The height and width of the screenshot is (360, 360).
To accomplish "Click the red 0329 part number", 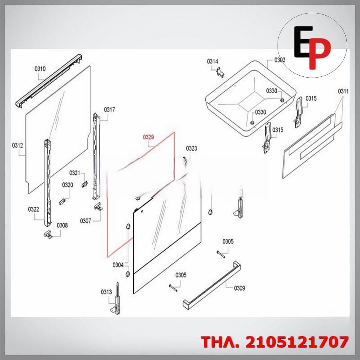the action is click(148, 137).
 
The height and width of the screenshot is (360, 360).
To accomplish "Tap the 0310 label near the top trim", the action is click(40, 69).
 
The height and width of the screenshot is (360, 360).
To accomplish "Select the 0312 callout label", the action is click(18, 145).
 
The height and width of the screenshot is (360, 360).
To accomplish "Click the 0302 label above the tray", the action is click(280, 60).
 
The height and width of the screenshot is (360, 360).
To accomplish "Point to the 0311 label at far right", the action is click(343, 91).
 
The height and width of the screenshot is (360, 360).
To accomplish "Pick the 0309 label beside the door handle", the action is click(240, 288).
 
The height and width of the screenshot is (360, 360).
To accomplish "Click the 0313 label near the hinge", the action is click(106, 292).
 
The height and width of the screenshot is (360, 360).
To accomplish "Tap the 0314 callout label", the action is click(212, 61).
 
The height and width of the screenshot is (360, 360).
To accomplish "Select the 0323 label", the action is click(192, 148).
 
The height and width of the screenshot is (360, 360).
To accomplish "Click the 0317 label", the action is click(110, 110).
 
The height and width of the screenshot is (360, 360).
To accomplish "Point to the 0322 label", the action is click(34, 209).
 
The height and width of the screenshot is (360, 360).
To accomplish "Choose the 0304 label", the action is click(118, 265).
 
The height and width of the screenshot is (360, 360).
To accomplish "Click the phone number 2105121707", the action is click(297, 342).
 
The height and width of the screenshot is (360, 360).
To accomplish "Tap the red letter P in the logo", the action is click(320, 53).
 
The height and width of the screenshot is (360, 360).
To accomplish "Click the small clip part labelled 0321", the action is click(84, 184).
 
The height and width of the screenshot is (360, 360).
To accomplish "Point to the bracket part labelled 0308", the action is click(48, 234).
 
